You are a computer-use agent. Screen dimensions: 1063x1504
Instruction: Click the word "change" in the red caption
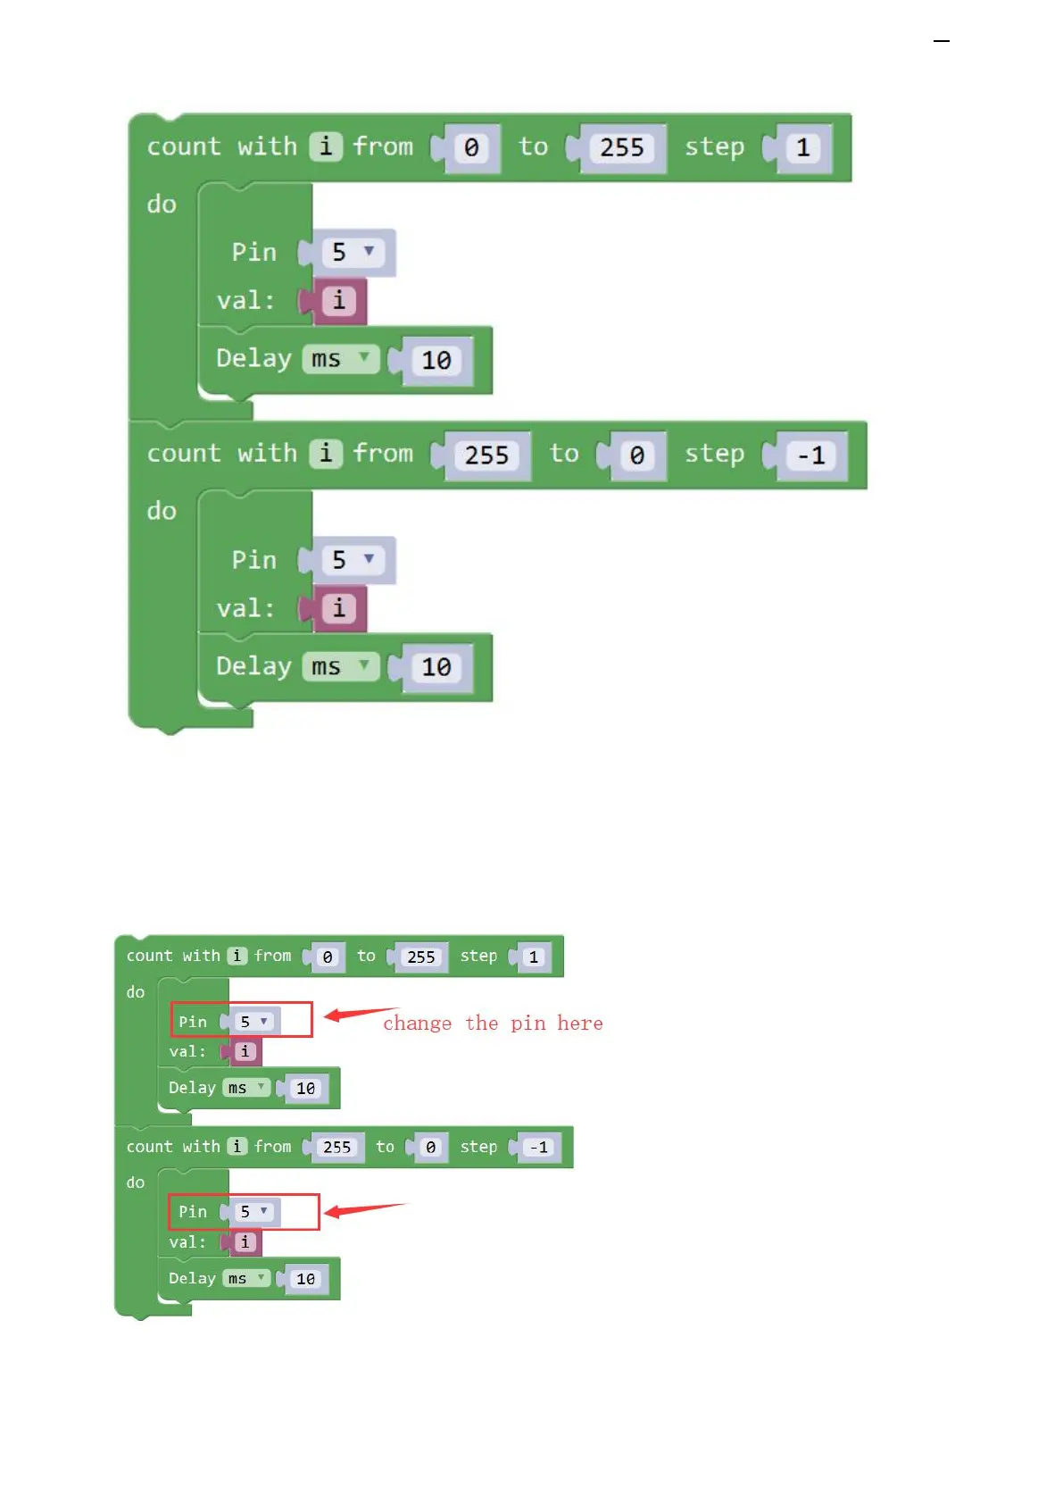point(417,1024)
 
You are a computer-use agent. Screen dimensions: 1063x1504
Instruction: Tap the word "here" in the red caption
point(580,1024)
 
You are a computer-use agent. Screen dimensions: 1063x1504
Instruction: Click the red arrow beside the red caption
point(357,1013)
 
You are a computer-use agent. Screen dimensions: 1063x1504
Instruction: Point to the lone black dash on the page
point(941,41)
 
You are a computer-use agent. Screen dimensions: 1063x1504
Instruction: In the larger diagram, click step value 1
point(802,147)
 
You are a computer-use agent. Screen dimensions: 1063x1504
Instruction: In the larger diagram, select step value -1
point(810,455)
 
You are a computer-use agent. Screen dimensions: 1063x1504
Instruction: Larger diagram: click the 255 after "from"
point(486,455)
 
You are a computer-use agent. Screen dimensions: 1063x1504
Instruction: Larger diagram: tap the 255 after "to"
point(621,147)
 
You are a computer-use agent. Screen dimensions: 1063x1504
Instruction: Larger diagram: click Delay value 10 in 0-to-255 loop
point(436,360)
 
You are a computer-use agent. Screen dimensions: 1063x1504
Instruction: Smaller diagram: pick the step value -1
point(538,1148)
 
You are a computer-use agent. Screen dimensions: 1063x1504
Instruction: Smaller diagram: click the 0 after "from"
point(328,957)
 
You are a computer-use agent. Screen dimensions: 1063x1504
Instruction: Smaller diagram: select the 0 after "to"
point(430,1148)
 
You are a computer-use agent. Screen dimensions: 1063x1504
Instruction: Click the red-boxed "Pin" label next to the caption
point(193,1022)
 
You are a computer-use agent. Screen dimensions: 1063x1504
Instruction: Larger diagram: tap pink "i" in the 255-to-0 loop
point(338,609)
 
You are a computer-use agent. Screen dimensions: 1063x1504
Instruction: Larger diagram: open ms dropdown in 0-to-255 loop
point(339,359)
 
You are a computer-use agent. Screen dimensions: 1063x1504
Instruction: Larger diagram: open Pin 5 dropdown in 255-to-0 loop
point(353,560)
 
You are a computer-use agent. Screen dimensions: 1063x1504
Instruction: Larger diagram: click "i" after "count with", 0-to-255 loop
point(326,146)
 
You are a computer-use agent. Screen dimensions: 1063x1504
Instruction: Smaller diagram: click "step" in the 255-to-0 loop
point(478,1147)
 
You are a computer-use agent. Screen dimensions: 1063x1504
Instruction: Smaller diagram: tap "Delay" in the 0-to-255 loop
point(192,1088)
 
